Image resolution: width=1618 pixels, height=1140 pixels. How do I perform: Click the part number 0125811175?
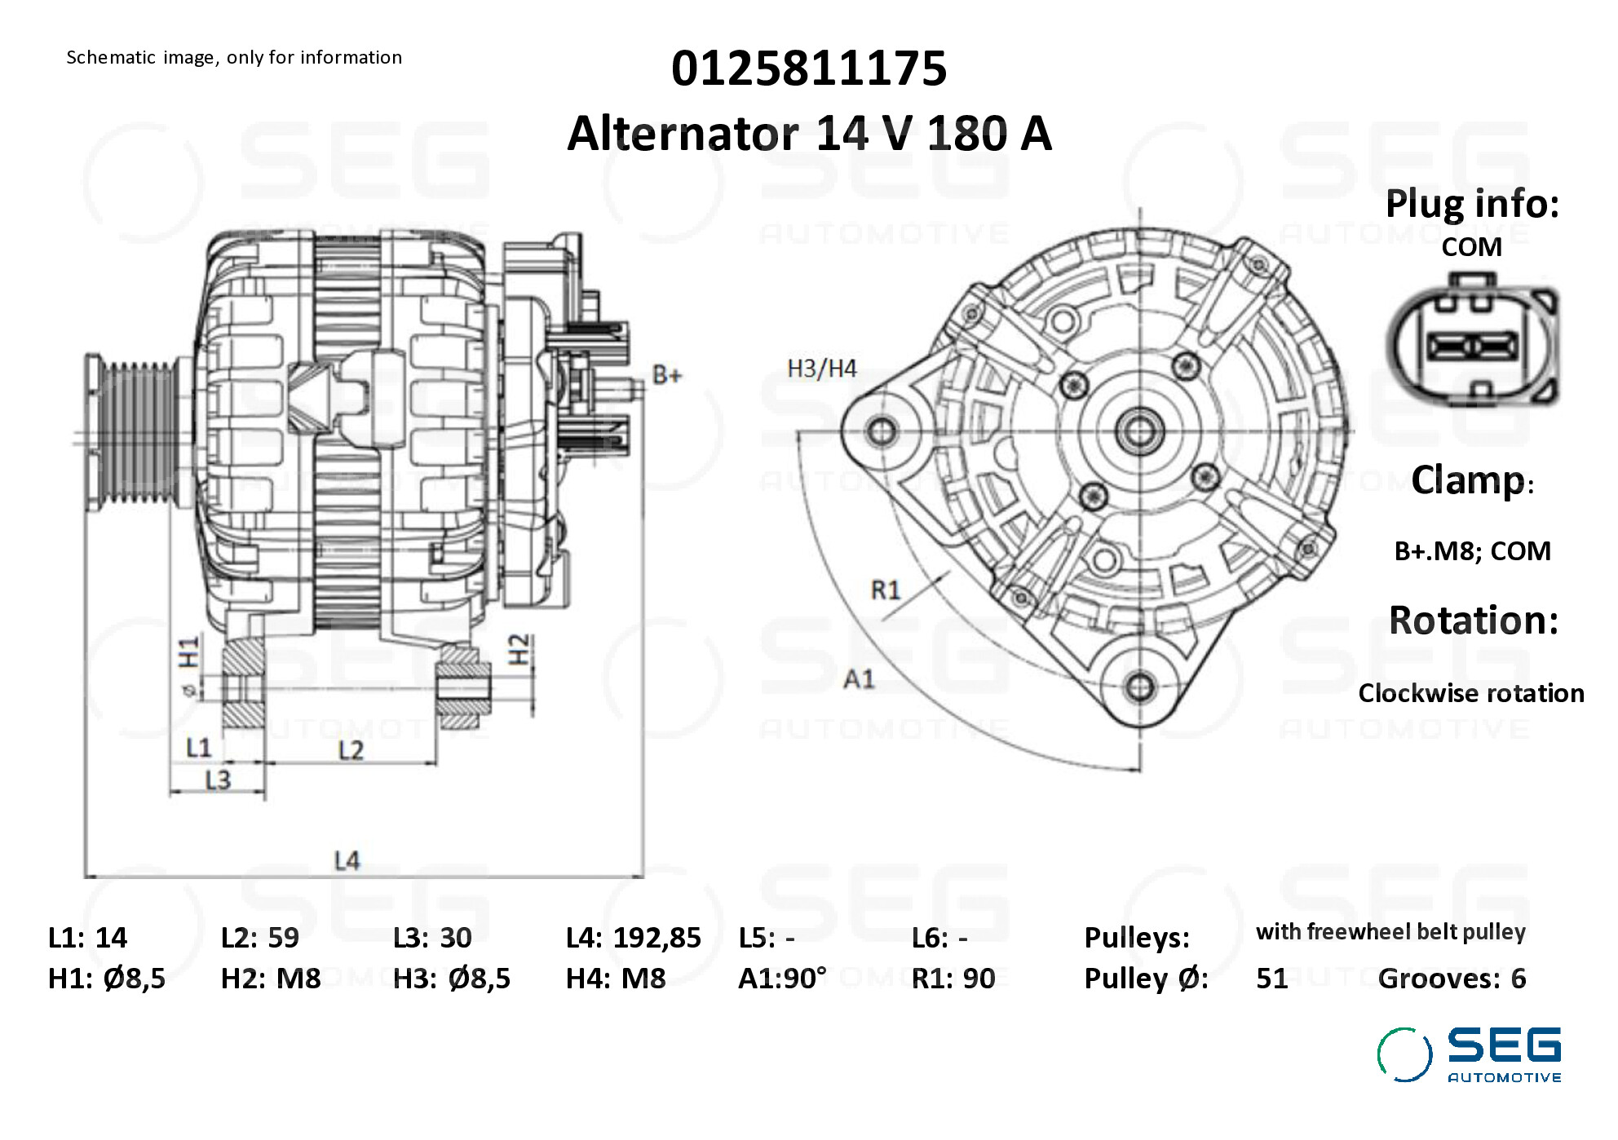click(809, 68)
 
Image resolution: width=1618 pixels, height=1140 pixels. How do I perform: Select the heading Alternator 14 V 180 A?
click(809, 133)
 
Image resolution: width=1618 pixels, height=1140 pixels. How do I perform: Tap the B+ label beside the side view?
click(667, 375)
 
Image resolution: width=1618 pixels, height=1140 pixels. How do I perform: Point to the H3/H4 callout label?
click(822, 369)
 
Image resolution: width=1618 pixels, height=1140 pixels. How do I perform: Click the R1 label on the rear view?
click(886, 590)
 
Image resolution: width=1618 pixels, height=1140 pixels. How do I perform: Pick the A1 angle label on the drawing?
click(859, 678)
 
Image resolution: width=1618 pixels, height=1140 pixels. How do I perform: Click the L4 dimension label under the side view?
click(347, 860)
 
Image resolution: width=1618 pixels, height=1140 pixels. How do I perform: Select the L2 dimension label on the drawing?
click(351, 749)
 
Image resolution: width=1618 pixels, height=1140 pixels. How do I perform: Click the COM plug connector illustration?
click(1473, 341)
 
